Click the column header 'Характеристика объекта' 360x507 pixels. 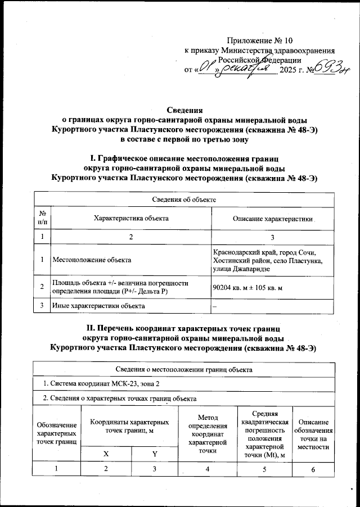click(130, 218)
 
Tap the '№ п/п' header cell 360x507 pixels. click(43, 218)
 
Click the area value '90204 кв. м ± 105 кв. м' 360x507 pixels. click(246, 287)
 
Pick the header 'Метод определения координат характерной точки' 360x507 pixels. click(208, 434)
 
